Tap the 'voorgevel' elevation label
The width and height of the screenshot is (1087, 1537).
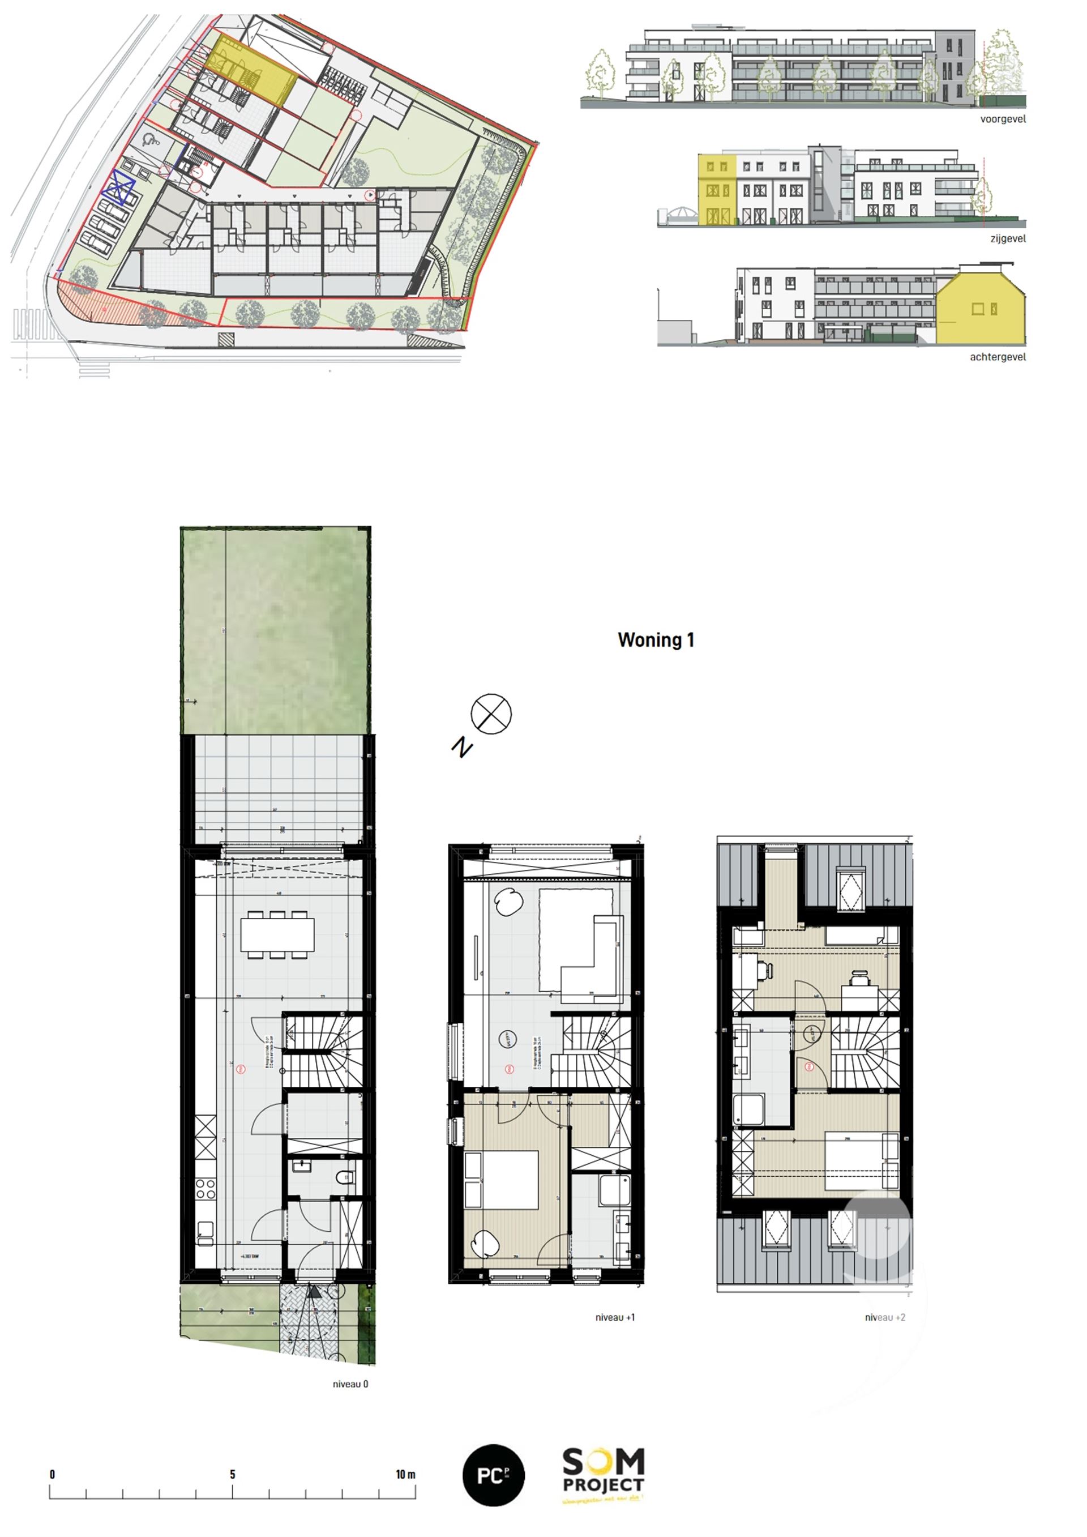coord(1002,119)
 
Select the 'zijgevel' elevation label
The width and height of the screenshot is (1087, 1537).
coord(1007,238)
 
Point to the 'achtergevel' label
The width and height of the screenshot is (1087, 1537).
coord(998,357)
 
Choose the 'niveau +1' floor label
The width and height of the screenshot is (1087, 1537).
coord(614,1317)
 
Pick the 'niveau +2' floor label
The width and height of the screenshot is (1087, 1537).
coord(884,1317)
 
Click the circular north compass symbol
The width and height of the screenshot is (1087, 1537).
coord(491,714)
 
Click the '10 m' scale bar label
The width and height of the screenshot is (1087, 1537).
coord(405,1474)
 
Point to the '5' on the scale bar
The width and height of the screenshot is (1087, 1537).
coord(232,1474)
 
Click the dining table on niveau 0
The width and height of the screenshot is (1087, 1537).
coord(277,934)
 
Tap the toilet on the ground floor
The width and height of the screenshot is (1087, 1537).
coord(345,1176)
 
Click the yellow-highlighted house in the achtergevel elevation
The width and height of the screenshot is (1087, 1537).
coord(980,310)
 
